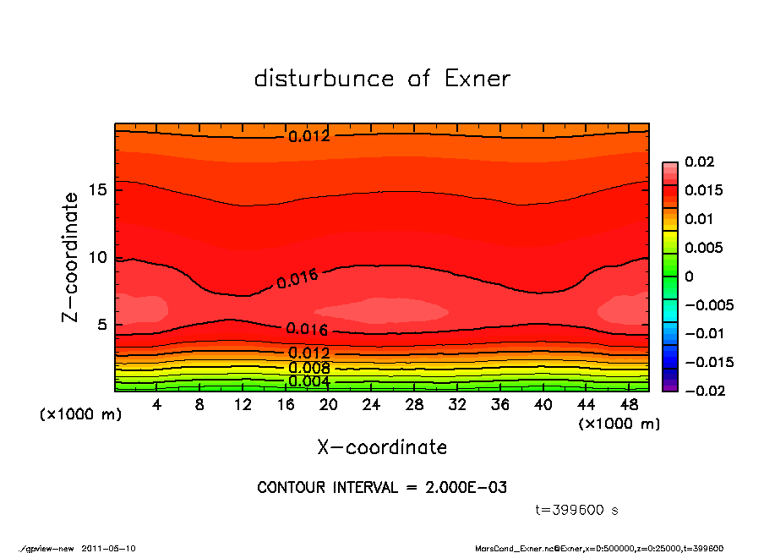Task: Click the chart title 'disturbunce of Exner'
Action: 382,79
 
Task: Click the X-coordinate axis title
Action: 382,446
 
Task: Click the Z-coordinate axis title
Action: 71,257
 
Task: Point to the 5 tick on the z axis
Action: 105,326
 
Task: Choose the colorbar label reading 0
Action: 689,276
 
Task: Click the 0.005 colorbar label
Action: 701,248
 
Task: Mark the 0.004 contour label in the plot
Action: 308,381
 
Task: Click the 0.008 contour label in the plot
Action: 308,368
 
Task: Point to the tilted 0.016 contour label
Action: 297,279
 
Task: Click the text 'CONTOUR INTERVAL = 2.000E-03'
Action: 382,488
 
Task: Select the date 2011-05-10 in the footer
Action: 108,548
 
